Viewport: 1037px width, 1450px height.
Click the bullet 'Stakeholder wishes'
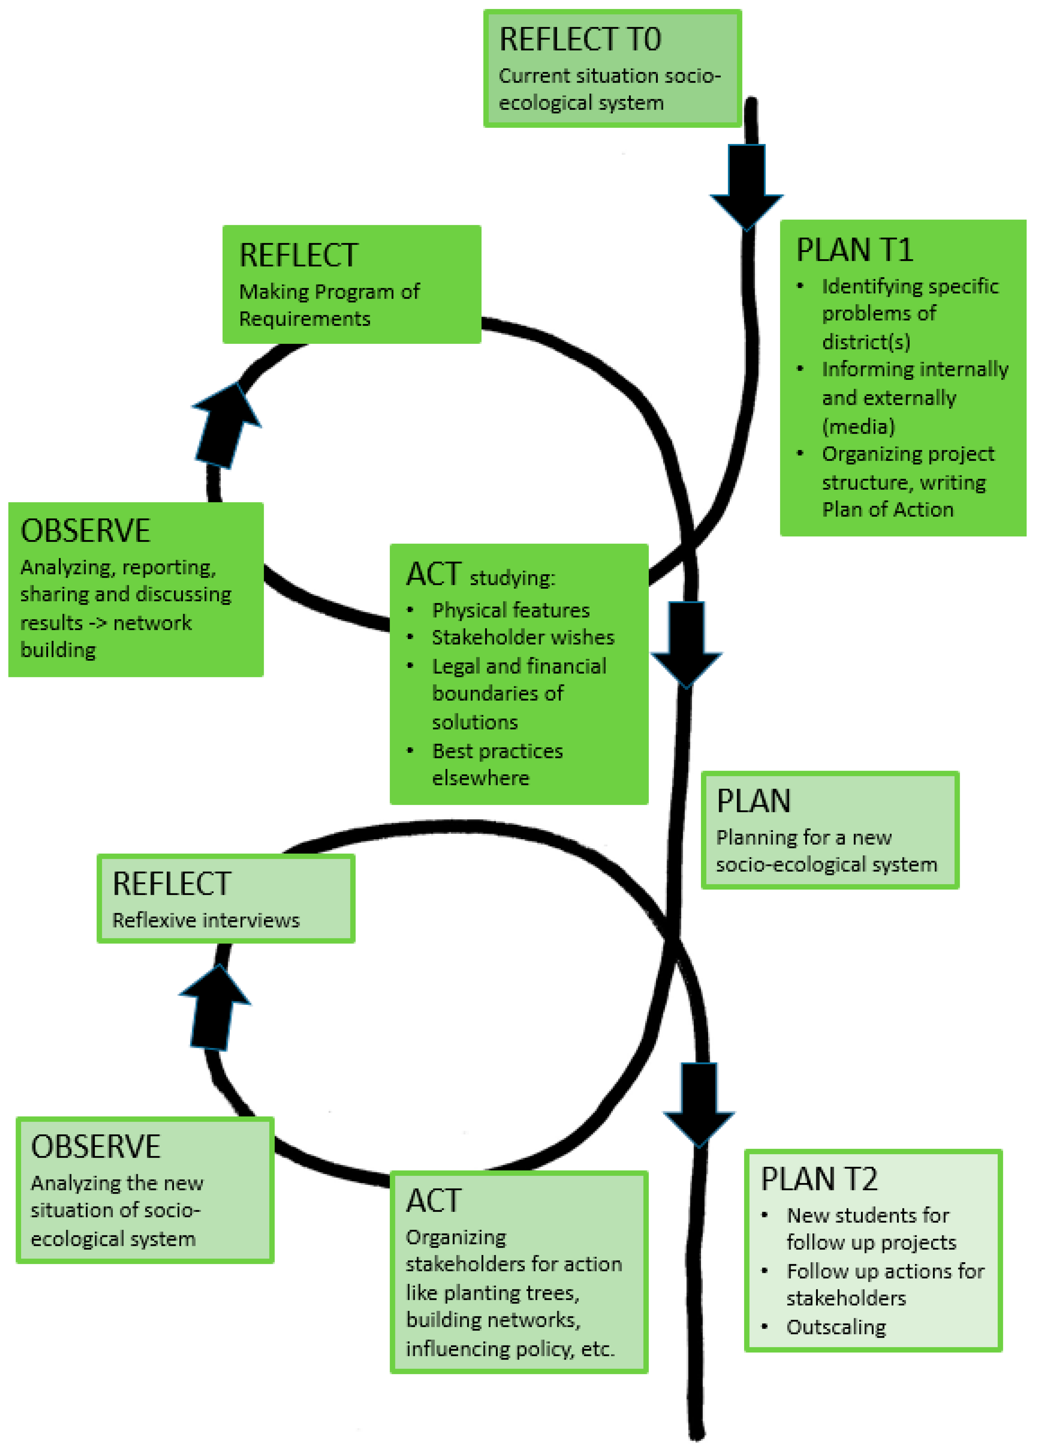[522, 637]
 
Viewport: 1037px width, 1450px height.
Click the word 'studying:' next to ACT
[512, 578]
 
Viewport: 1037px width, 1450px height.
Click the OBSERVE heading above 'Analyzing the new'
[96, 1147]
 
